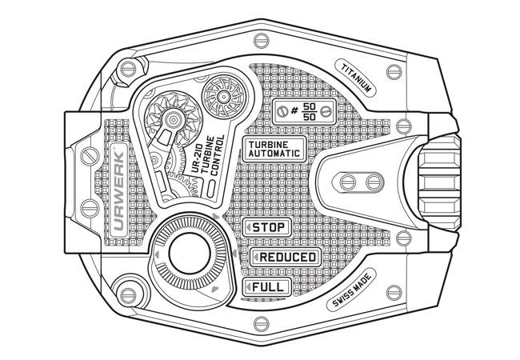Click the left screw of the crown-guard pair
click(x=348, y=182)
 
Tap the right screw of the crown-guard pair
click(x=371, y=182)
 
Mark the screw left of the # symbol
click(x=282, y=111)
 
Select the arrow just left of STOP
click(x=249, y=229)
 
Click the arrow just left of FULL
click(x=249, y=286)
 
